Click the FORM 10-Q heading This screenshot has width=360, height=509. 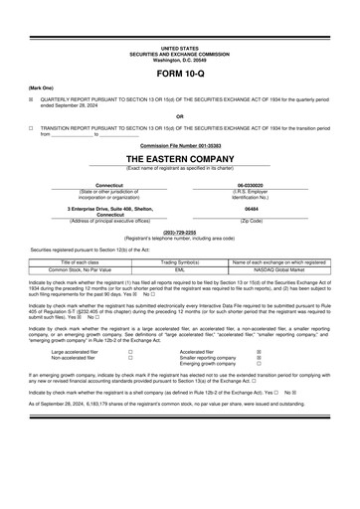179,75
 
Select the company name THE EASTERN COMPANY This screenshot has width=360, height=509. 179,158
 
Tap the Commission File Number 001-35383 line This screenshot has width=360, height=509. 179,145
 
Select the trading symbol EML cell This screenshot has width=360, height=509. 180,269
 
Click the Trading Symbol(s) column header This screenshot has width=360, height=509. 180,261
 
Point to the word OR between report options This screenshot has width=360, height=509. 179,115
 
